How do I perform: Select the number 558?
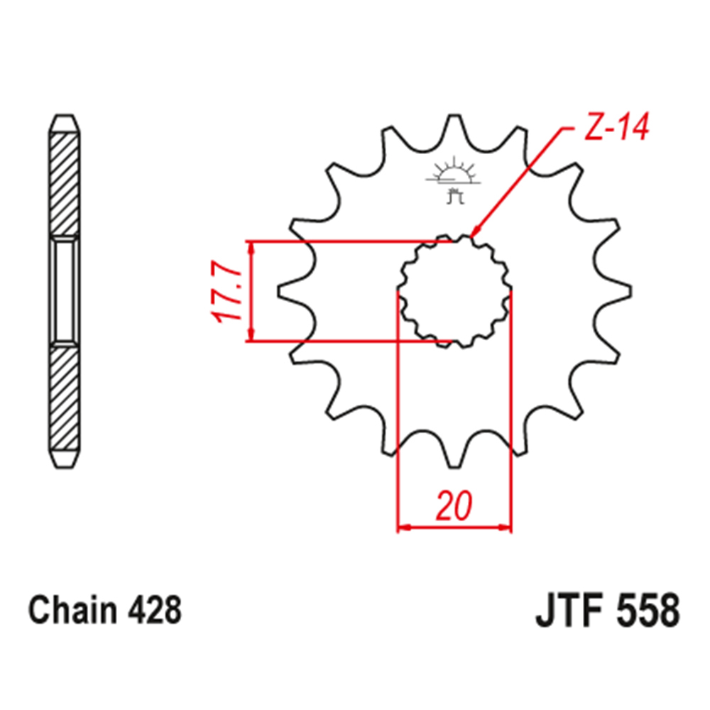[x=646, y=611]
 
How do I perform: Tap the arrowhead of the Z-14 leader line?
[x=475, y=231]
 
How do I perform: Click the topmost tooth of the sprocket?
[x=453, y=126]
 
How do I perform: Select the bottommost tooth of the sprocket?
[x=453, y=458]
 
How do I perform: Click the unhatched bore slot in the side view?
[x=63, y=291]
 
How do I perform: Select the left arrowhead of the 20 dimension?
[x=403, y=528]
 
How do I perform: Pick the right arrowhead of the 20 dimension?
[x=506, y=528]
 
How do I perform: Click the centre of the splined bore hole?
[x=454, y=292]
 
